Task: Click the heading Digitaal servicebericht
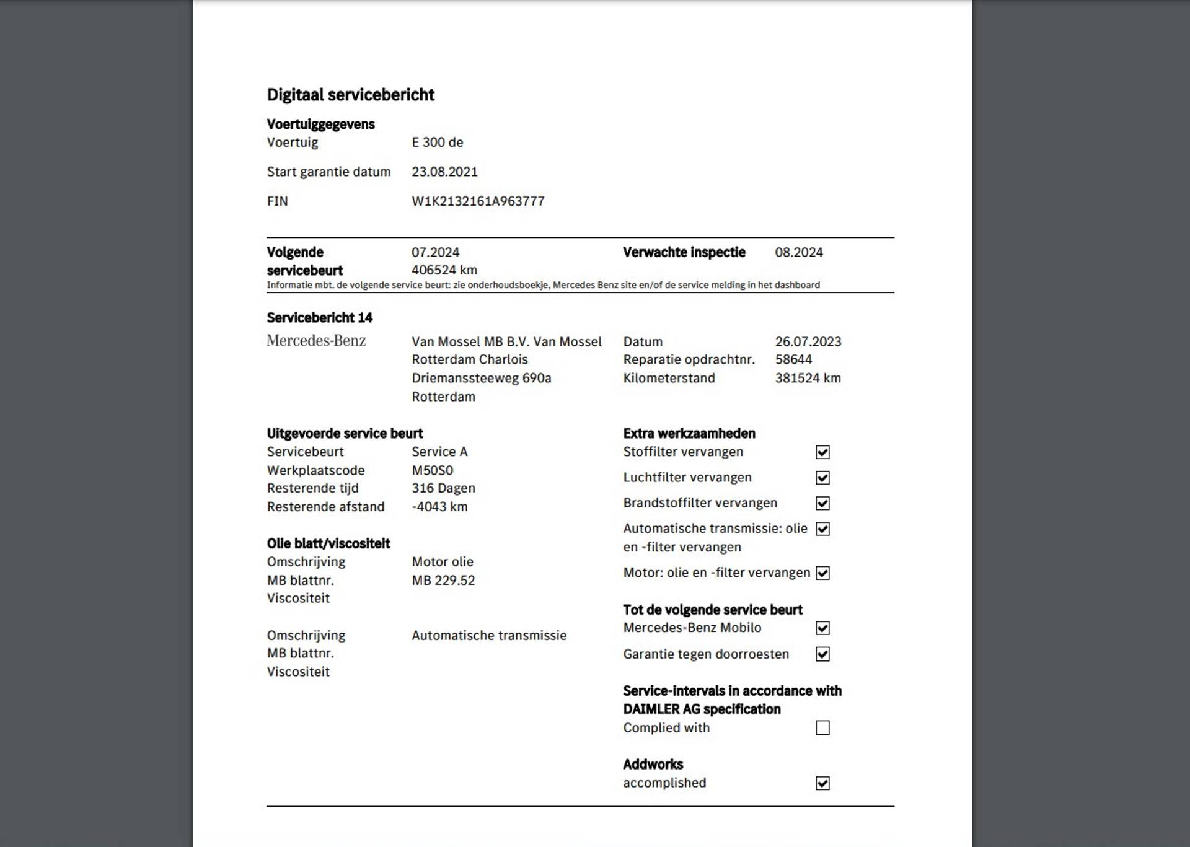point(350,95)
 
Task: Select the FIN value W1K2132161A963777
point(478,201)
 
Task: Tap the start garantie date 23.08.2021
point(444,172)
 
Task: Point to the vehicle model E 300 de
point(437,143)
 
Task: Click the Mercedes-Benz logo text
point(316,341)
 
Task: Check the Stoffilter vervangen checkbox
point(822,452)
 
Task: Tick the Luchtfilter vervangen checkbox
point(822,478)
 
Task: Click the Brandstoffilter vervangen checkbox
point(822,503)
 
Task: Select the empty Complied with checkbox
point(822,728)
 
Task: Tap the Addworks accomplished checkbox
point(822,783)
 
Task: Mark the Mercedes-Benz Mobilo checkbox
point(822,628)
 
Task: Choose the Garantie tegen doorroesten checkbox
point(822,654)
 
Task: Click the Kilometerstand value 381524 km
point(808,378)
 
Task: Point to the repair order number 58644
point(793,359)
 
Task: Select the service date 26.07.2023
point(808,341)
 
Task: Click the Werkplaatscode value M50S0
point(432,470)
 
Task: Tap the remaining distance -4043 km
point(439,507)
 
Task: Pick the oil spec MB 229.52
point(443,581)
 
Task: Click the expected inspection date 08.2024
point(798,252)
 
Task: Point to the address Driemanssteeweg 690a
point(481,378)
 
